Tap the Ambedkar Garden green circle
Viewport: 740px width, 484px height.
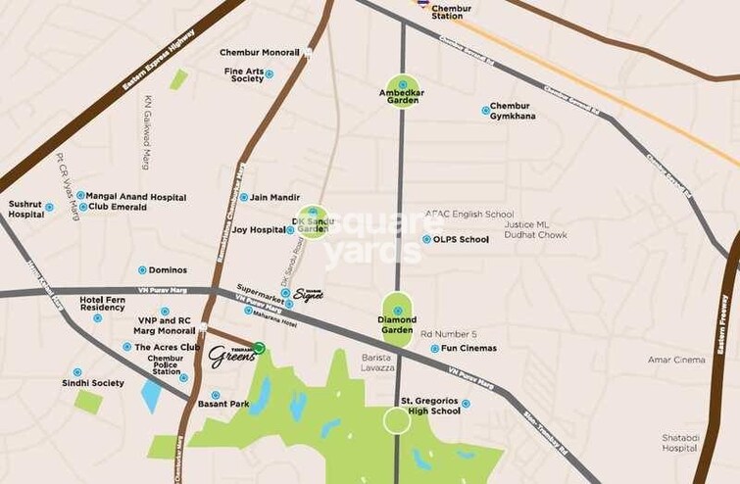(402, 91)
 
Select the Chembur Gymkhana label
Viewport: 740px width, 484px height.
(513, 111)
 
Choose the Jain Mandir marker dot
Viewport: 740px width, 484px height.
(243, 197)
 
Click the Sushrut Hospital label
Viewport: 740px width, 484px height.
(26, 209)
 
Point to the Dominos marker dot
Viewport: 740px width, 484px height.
(142, 269)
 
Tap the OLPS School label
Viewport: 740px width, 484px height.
(461, 239)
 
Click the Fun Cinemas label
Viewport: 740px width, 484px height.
(469, 348)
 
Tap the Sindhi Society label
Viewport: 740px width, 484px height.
(94, 383)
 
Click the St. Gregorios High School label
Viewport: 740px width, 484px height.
(430, 406)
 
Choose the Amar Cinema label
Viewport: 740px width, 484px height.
(676, 360)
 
